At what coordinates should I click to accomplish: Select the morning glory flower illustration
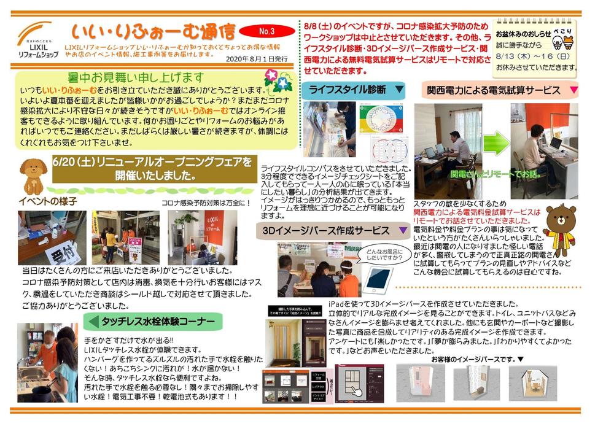277,80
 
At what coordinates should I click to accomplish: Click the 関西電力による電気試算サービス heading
494,90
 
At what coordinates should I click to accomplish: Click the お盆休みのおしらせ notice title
521,33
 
